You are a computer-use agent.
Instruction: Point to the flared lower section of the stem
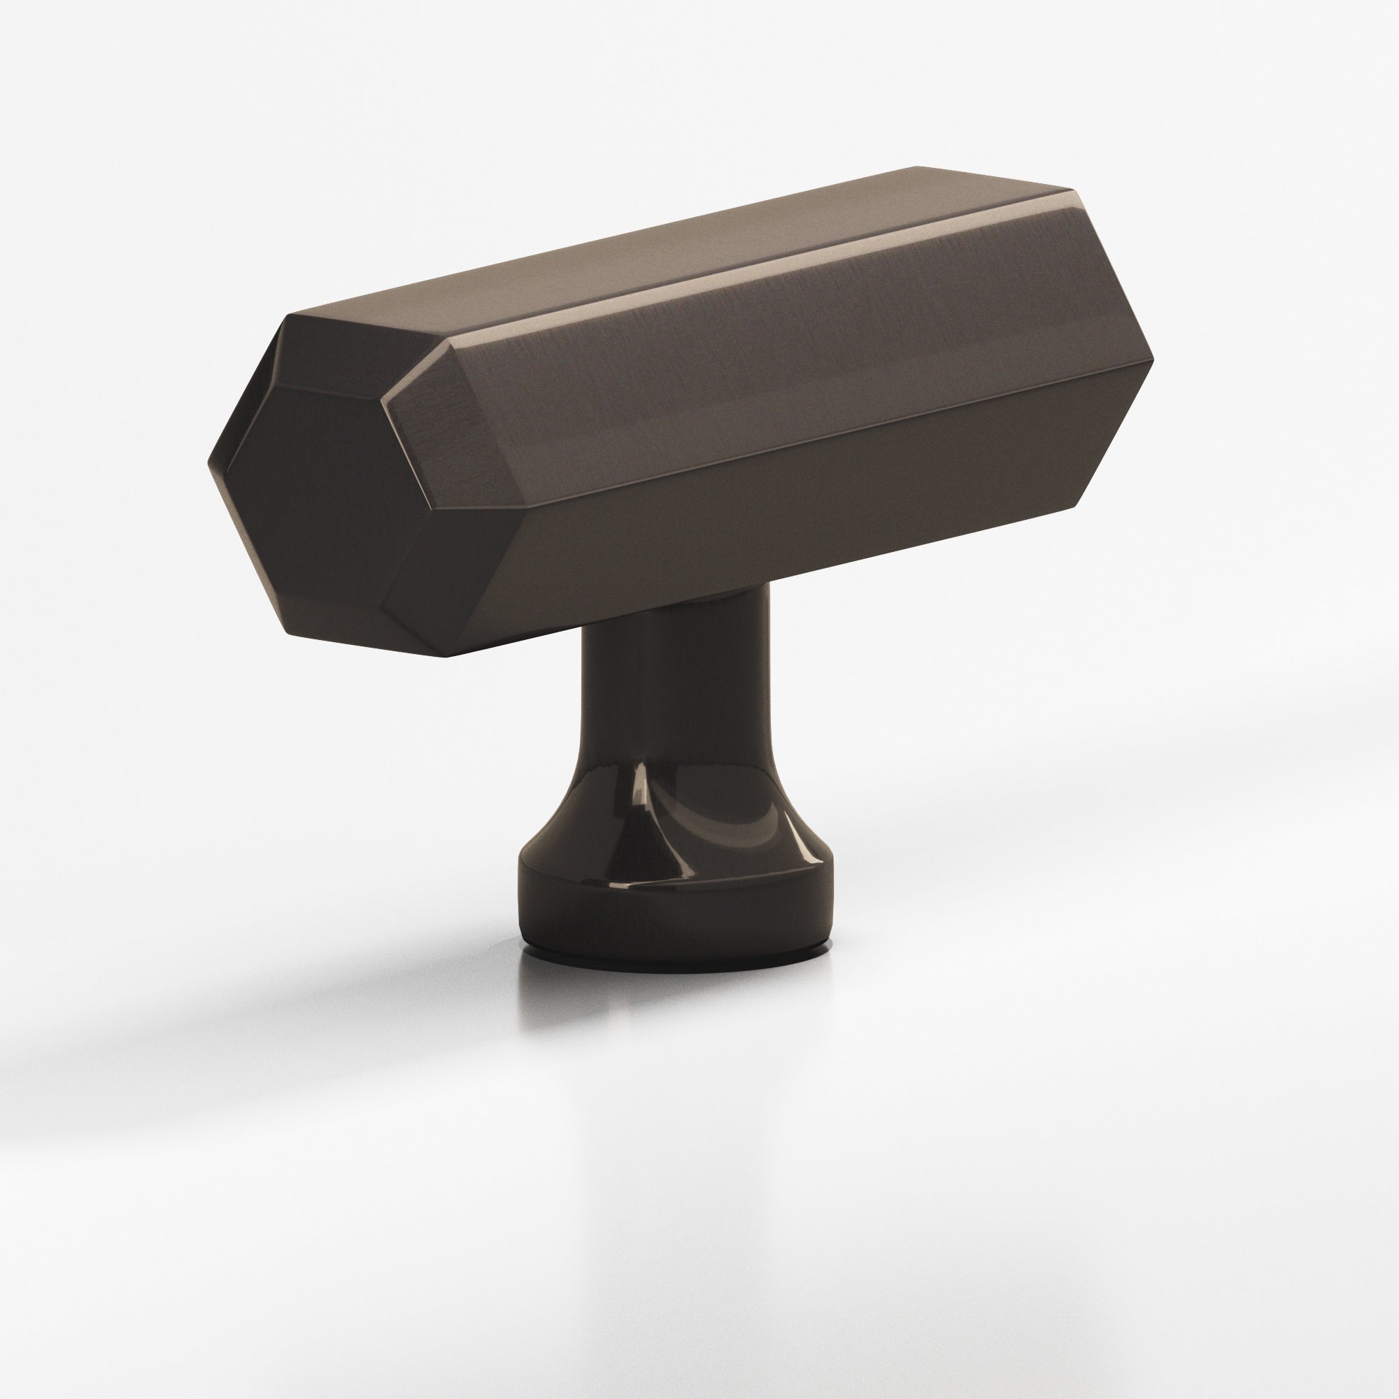click(674, 818)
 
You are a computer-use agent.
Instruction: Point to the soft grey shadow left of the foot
click(290, 963)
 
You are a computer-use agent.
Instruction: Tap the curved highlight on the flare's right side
click(753, 825)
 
